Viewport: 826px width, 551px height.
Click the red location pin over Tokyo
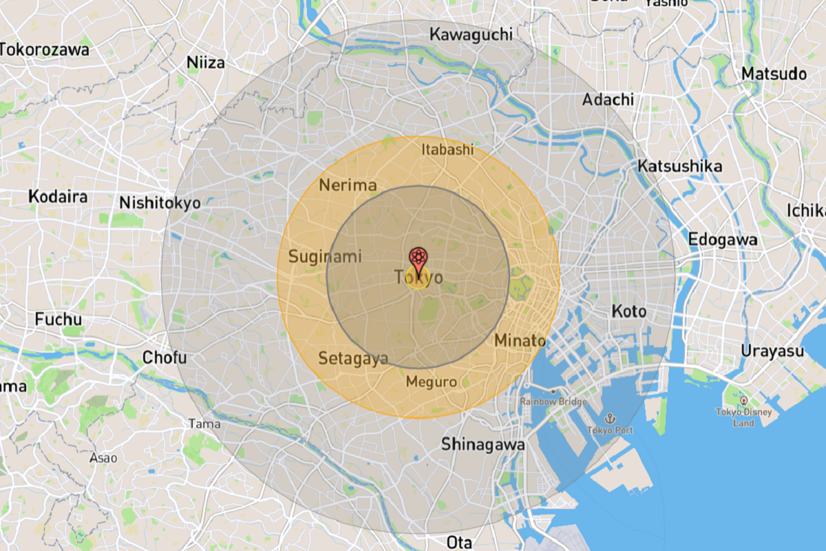[418, 258]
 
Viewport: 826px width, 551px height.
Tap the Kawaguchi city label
[471, 34]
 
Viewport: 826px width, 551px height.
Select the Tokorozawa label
[45, 50]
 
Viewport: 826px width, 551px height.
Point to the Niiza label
[206, 63]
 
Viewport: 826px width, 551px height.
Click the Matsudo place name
[774, 74]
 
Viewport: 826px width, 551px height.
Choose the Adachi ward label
[608, 100]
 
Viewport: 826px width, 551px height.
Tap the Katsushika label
[679, 166]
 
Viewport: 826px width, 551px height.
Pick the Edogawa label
[723, 240]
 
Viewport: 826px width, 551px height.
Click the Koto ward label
[629, 311]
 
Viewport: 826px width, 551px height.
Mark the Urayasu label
[772, 351]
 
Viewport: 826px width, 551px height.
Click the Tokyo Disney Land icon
[743, 400]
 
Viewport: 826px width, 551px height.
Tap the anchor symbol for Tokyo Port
[609, 418]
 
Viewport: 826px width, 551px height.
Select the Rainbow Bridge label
[553, 402]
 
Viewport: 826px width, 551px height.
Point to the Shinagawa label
[483, 444]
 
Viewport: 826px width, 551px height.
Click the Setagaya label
[353, 358]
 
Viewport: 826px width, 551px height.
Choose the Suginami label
[325, 257]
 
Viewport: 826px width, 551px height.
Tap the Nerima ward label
[348, 185]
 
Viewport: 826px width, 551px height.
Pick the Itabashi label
[448, 149]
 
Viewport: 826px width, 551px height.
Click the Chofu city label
[165, 357]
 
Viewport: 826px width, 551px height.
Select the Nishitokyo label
[160, 203]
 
